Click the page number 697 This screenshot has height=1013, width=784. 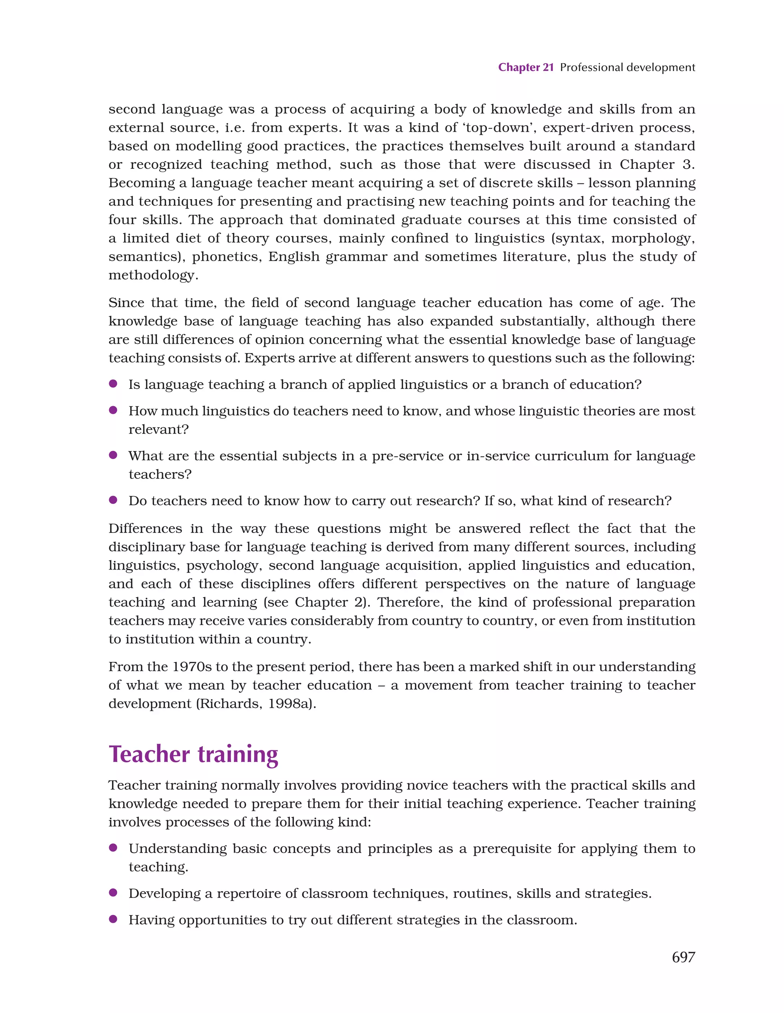(x=683, y=957)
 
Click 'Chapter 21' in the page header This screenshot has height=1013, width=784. (x=526, y=67)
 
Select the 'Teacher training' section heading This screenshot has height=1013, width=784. (x=193, y=754)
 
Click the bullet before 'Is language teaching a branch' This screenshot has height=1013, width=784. (x=113, y=384)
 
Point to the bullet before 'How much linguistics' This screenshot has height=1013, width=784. (x=113, y=410)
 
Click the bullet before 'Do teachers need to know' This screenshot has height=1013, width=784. (x=113, y=500)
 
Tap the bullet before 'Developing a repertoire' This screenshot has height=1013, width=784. (x=113, y=892)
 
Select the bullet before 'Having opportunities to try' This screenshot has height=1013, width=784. (x=113, y=919)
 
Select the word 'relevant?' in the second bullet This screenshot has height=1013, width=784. (x=158, y=430)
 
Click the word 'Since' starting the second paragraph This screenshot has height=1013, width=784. (x=125, y=302)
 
